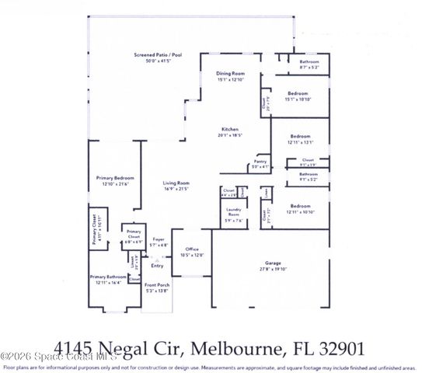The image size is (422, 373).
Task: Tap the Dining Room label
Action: (x=230, y=75)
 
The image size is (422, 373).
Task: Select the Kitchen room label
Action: (x=229, y=130)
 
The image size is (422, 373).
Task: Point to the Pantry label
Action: (x=260, y=162)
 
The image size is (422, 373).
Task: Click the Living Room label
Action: (x=177, y=183)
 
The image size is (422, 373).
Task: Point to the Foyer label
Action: (x=158, y=240)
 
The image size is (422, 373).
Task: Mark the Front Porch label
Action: (x=157, y=288)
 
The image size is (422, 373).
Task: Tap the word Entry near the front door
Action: (x=158, y=265)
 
